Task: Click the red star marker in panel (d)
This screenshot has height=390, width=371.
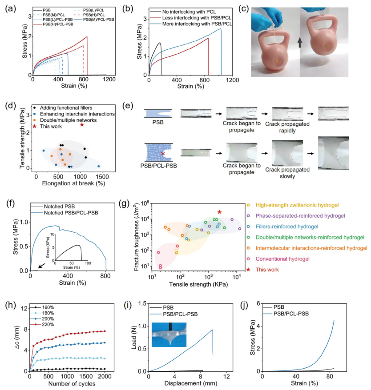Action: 82,124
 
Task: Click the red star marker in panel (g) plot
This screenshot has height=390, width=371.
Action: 219,212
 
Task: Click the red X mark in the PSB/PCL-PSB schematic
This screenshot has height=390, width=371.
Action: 163,154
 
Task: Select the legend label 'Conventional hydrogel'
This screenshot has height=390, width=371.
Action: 282,259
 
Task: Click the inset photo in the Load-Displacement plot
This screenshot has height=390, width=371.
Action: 169,334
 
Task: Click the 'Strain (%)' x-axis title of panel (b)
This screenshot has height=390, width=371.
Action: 190,86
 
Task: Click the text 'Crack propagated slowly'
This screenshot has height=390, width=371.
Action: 287,173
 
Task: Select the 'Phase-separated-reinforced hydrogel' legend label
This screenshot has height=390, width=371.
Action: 300,215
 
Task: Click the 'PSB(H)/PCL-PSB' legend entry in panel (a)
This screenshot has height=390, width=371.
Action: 58,24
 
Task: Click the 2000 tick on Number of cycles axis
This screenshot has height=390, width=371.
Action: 105,376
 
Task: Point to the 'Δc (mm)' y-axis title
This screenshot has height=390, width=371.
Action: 17,339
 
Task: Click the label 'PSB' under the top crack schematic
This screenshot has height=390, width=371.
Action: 158,122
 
